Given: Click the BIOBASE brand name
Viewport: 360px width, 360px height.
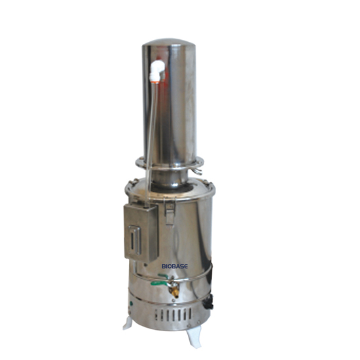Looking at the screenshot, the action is (175, 266).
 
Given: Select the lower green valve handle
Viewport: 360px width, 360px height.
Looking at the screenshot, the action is (159, 284).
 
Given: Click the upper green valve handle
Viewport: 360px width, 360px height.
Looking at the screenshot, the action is (163, 276).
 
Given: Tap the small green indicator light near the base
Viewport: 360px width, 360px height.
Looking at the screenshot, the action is (131, 304).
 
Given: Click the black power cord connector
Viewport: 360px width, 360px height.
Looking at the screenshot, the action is (209, 302).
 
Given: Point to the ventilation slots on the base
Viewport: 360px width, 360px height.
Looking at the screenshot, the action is (173, 315).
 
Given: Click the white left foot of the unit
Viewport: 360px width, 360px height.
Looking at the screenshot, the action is (128, 323).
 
